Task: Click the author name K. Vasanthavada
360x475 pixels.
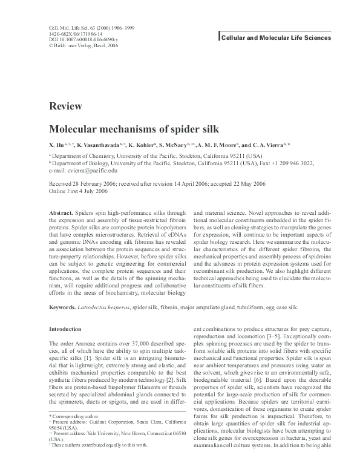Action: tap(99, 146)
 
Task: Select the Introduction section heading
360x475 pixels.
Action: tap(65, 329)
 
